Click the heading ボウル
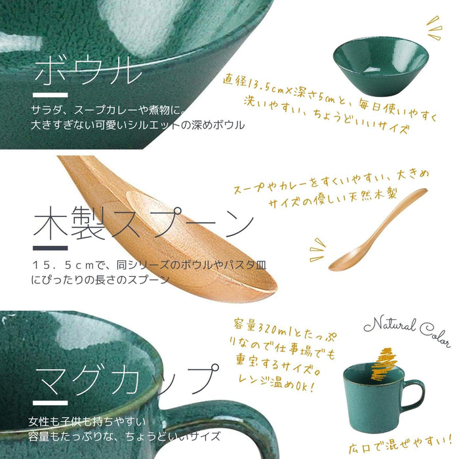88,70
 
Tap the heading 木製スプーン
144,222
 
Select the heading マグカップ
127,378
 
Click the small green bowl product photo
380,66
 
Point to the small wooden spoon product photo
378,229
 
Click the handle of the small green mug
414,396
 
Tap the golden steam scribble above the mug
384,363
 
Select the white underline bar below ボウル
50,95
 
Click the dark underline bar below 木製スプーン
50,249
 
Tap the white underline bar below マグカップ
50,403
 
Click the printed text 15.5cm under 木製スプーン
63,265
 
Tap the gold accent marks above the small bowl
434,28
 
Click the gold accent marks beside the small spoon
317,250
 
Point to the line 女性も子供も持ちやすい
87,422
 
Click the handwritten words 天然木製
369,195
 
